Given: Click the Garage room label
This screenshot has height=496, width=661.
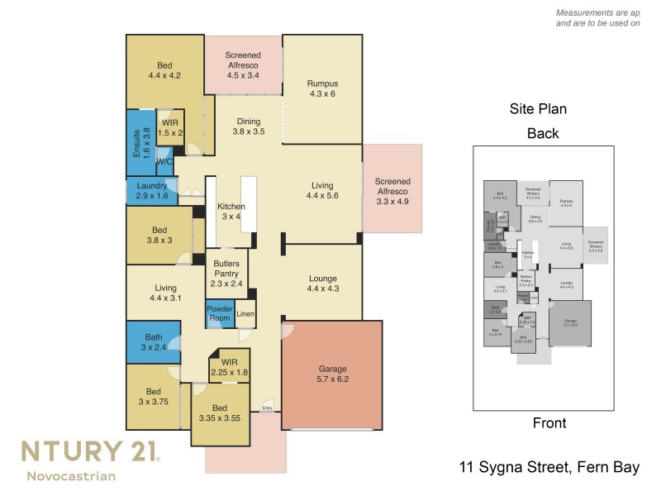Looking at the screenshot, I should point(333,374).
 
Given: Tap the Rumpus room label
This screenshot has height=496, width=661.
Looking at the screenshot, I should point(322,88).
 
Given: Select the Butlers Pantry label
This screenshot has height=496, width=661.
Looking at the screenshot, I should point(226,273).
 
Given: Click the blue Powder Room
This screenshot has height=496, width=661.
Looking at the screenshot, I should point(219,313).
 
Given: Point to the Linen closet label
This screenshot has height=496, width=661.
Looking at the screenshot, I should point(245,314).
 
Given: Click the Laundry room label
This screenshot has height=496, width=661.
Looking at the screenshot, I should point(152,191).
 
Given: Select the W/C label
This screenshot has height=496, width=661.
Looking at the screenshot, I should point(164,162).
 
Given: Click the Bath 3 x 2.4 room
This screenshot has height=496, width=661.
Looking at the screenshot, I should point(154,342).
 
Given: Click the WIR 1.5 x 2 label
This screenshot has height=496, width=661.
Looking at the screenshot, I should point(170,127).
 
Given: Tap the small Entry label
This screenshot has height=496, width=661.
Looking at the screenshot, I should point(267,408).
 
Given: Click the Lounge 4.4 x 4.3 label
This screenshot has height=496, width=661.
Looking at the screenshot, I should point(322,284).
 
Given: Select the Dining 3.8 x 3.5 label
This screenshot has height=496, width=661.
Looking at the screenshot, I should point(248,126).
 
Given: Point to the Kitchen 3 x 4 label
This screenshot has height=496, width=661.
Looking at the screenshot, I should point(231,211).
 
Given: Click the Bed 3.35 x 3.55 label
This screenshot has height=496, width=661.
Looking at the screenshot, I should point(219,413).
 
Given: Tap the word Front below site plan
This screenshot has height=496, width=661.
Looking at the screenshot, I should point(549,423).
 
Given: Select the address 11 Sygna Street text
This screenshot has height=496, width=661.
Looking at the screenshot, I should point(549,468).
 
